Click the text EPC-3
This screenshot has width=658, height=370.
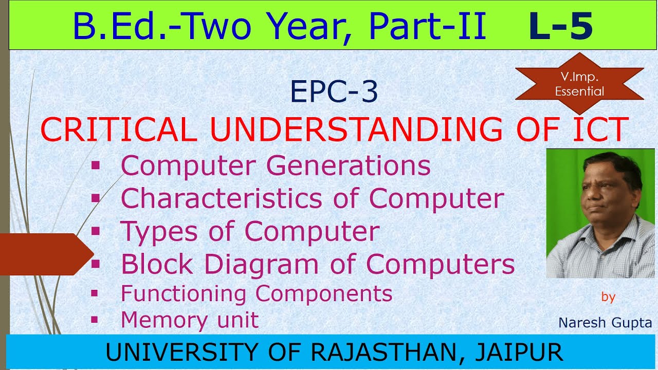[x=334, y=92]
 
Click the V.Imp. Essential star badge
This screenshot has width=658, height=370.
[x=579, y=84]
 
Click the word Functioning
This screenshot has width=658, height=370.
[x=185, y=293]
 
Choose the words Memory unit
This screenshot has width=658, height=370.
[x=190, y=320]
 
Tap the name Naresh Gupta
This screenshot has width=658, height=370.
[x=605, y=323]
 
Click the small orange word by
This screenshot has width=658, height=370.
[x=608, y=297]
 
